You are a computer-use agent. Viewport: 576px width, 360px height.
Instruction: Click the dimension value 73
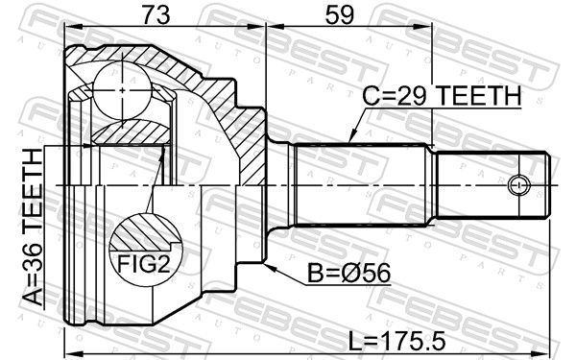coord(156,15)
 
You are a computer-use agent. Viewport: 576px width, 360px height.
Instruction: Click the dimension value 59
coord(340,15)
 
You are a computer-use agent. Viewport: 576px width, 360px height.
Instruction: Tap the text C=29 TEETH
coord(442,96)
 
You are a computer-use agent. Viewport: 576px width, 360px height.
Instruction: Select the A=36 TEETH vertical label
coord(33,227)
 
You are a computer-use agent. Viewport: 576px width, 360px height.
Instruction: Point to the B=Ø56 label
coord(348,274)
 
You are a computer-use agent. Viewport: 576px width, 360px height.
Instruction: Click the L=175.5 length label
coord(396,341)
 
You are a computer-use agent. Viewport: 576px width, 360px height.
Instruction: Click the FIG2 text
coord(144,264)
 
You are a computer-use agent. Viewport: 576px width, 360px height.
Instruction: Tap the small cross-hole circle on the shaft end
coord(518,184)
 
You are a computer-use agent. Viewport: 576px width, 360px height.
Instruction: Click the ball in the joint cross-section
coord(122,90)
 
